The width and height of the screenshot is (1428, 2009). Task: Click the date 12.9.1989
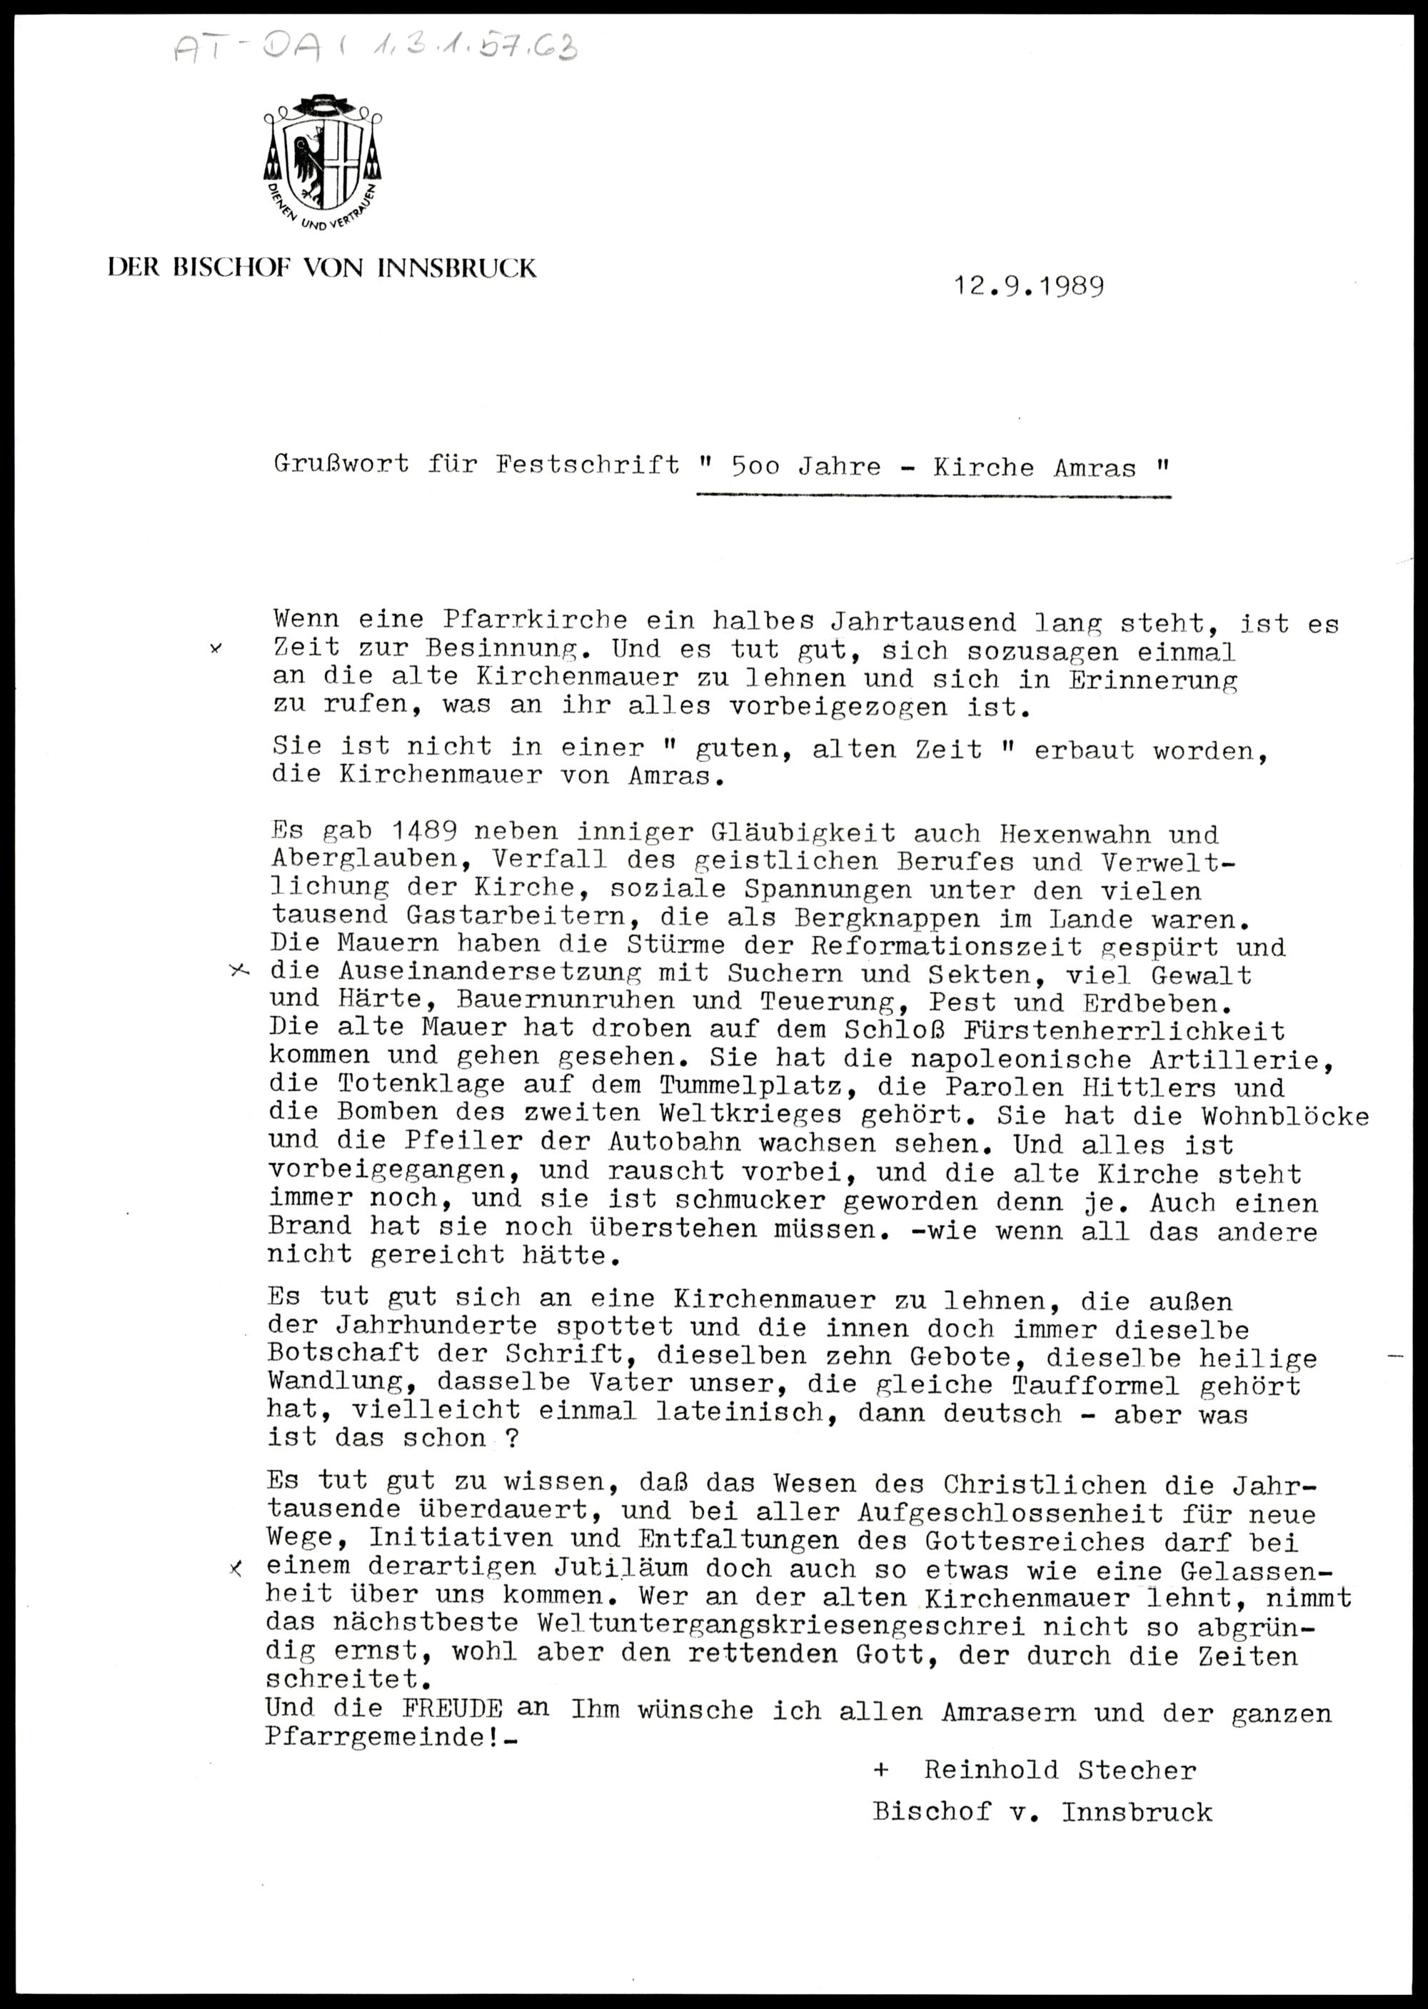click(x=1029, y=286)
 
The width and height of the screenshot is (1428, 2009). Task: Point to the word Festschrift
click(x=588, y=465)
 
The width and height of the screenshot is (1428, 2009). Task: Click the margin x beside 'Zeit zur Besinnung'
click(x=216, y=649)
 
